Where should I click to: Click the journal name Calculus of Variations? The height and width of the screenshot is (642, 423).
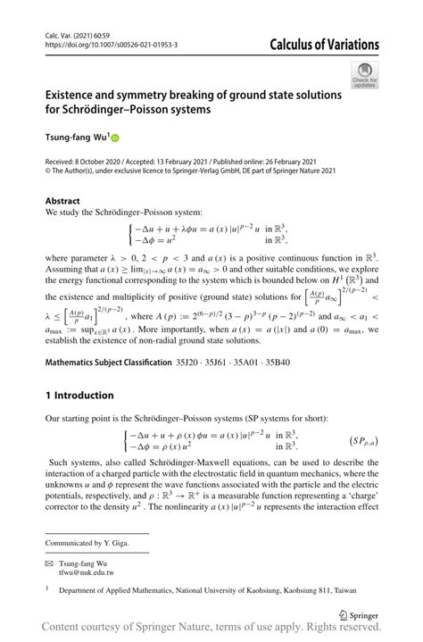coord(319,45)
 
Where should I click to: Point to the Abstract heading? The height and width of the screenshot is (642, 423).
coord(62,201)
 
